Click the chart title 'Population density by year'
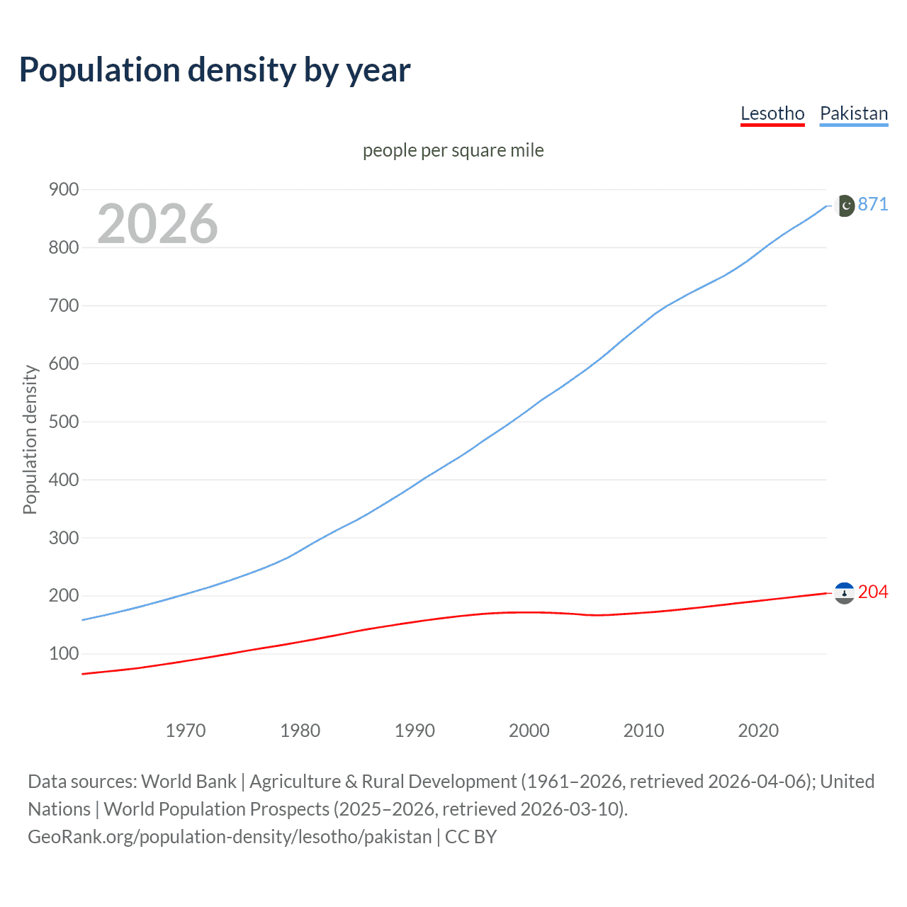(x=215, y=70)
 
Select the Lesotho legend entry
(x=772, y=113)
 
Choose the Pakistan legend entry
(x=853, y=113)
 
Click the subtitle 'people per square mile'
(x=453, y=150)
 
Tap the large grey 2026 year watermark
(x=157, y=224)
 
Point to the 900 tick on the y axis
(x=63, y=189)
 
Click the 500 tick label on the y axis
(x=63, y=422)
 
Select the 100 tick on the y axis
(x=63, y=653)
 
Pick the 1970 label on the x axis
(x=186, y=731)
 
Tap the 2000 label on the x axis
(x=529, y=731)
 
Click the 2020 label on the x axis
(x=758, y=731)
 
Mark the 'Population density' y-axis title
(x=30, y=439)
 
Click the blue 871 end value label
(x=872, y=204)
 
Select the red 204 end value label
(x=872, y=592)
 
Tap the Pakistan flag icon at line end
(x=845, y=205)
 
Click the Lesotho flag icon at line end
(x=844, y=593)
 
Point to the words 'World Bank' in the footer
(x=188, y=781)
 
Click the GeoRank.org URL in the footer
(x=230, y=836)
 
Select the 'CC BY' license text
(x=471, y=836)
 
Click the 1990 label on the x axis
(x=415, y=731)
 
